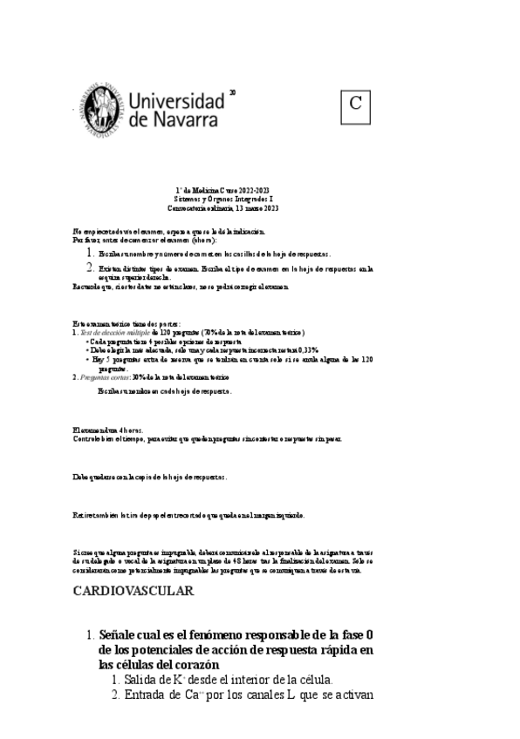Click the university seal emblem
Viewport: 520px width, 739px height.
[98, 109]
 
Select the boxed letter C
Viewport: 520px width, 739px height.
[355, 104]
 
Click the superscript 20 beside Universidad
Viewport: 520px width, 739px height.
[232, 92]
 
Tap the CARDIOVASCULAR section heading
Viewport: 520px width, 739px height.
[133, 591]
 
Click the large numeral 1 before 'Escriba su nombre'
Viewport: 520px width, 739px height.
[91, 253]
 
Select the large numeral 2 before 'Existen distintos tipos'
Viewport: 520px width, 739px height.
[91, 268]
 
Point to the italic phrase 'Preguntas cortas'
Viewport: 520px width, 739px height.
[106, 377]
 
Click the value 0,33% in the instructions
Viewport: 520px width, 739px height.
[306, 349]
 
